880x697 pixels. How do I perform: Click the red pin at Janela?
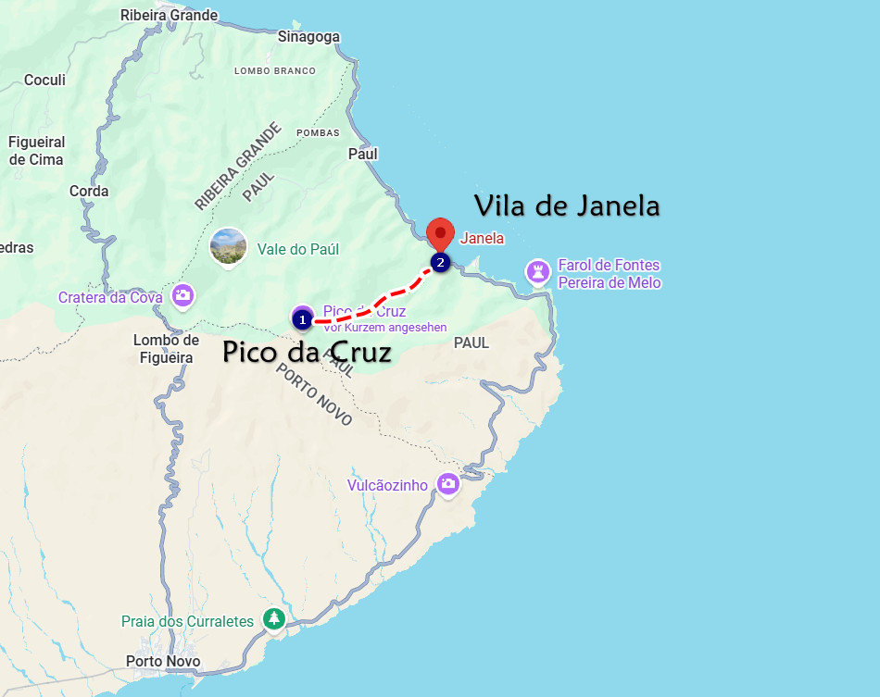[x=440, y=232]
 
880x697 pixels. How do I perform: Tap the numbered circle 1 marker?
[x=301, y=319]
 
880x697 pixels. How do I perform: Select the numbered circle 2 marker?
[x=440, y=263]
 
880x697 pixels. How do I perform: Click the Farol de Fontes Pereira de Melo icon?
[x=537, y=272]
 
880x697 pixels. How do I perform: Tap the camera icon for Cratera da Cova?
[x=182, y=296]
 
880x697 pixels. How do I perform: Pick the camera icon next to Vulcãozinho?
[x=448, y=484]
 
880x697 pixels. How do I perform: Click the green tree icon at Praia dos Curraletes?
[x=273, y=618]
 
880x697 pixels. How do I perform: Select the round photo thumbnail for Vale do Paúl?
[x=228, y=247]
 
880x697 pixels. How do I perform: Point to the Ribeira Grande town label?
[x=169, y=15]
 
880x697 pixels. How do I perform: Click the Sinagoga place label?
[x=309, y=37]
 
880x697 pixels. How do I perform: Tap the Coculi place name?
[x=44, y=81]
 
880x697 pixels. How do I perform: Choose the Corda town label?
[x=89, y=192]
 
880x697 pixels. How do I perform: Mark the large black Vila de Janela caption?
[x=567, y=205]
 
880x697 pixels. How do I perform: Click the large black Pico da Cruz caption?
[x=307, y=353]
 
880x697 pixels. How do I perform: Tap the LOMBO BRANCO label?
[x=275, y=71]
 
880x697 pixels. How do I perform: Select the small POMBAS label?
[x=318, y=133]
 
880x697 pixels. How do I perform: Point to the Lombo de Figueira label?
[x=167, y=349]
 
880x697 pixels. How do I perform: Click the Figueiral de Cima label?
[x=37, y=151]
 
